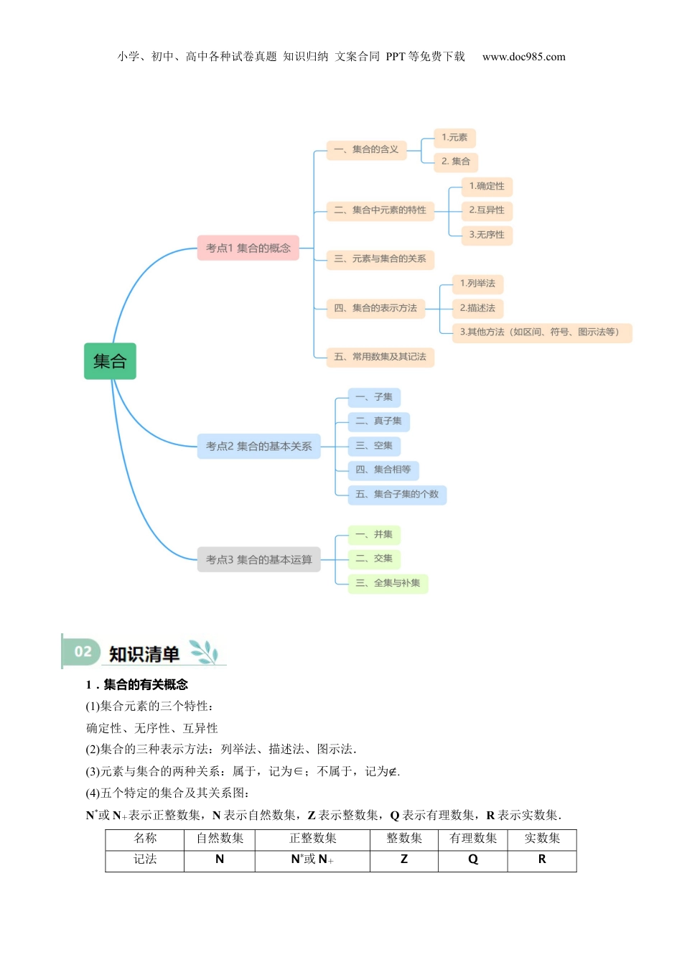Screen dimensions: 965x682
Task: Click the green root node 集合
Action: (x=110, y=361)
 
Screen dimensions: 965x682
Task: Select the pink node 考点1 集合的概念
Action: (x=248, y=248)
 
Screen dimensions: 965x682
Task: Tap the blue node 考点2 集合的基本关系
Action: (x=258, y=446)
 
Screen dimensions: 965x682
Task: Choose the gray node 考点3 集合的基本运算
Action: (x=258, y=559)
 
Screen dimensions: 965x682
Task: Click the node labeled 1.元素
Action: (x=454, y=137)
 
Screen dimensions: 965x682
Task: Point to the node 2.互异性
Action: (x=487, y=210)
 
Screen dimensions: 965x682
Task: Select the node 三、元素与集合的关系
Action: (x=380, y=258)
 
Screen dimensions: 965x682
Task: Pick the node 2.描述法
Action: (x=477, y=308)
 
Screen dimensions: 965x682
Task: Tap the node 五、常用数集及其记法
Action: (x=380, y=357)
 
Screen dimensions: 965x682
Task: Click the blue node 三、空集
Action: (x=374, y=446)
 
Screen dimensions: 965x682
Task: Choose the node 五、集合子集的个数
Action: (x=397, y=494)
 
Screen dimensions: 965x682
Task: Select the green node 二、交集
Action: (x=374, y=559)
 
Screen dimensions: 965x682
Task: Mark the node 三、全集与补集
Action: (x=388, y=583)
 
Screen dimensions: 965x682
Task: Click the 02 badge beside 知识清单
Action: (x=83, y=652)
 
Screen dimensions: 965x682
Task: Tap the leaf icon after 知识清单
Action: (x=204, y=652)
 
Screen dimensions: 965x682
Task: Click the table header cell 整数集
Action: (x=404, y=839)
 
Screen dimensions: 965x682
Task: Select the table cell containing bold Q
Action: (x=473, y=859)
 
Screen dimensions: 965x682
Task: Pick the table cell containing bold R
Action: (x=542, y=859)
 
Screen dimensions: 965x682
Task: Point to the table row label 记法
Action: (x=145, y=859)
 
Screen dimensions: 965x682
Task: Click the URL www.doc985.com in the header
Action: (x=523, y=57)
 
